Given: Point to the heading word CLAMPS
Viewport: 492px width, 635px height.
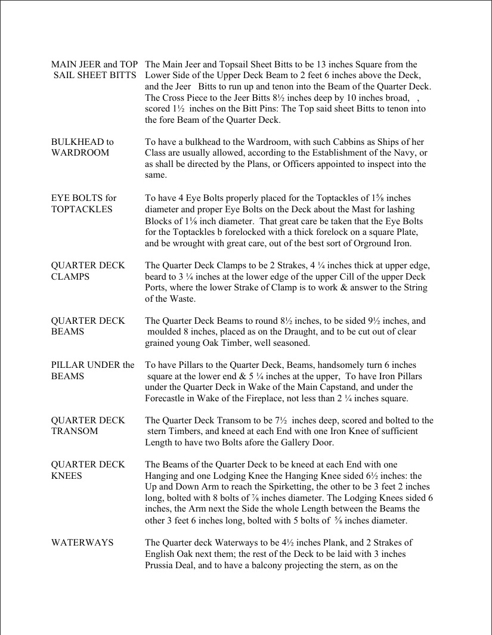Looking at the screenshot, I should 70,277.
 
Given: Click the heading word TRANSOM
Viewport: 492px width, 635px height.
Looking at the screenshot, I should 75,431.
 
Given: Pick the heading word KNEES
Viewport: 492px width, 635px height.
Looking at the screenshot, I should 67,476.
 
